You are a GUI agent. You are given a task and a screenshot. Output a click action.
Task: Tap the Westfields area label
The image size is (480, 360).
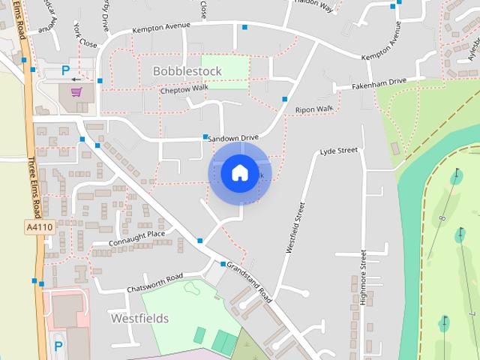(139, 318)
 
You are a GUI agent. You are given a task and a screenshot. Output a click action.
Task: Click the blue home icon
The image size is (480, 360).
(239, 173)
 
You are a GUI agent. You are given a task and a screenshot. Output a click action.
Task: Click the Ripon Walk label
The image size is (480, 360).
(313, 109)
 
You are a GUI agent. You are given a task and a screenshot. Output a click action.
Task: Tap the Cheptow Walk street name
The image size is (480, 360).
(184, 89)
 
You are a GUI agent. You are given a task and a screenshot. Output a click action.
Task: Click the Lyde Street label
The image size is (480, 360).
(339, 151)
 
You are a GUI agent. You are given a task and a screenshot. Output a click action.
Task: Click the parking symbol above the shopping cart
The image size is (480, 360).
(66, 70)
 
